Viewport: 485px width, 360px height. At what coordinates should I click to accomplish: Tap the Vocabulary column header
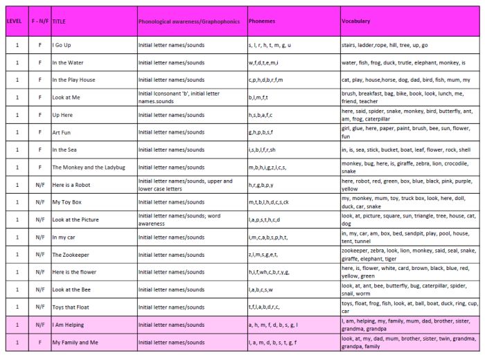(x=355, y=21)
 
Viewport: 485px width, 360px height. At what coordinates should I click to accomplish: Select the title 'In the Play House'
(x=73, y=80)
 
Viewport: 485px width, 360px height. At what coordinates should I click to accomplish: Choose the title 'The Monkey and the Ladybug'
(x=88, y=168)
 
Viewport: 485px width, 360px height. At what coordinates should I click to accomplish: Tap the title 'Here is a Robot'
(x=71, y=185)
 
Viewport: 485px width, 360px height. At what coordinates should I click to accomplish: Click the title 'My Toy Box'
(x=67, y=202)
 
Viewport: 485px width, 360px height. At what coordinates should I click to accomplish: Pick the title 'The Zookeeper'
(x=71, y=255)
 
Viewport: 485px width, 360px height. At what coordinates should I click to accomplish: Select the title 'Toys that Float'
(x=72, y=307)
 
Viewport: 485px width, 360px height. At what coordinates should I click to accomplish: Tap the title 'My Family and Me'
(x=75, y=342)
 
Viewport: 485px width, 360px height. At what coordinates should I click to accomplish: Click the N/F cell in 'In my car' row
(x=39, y=237)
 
